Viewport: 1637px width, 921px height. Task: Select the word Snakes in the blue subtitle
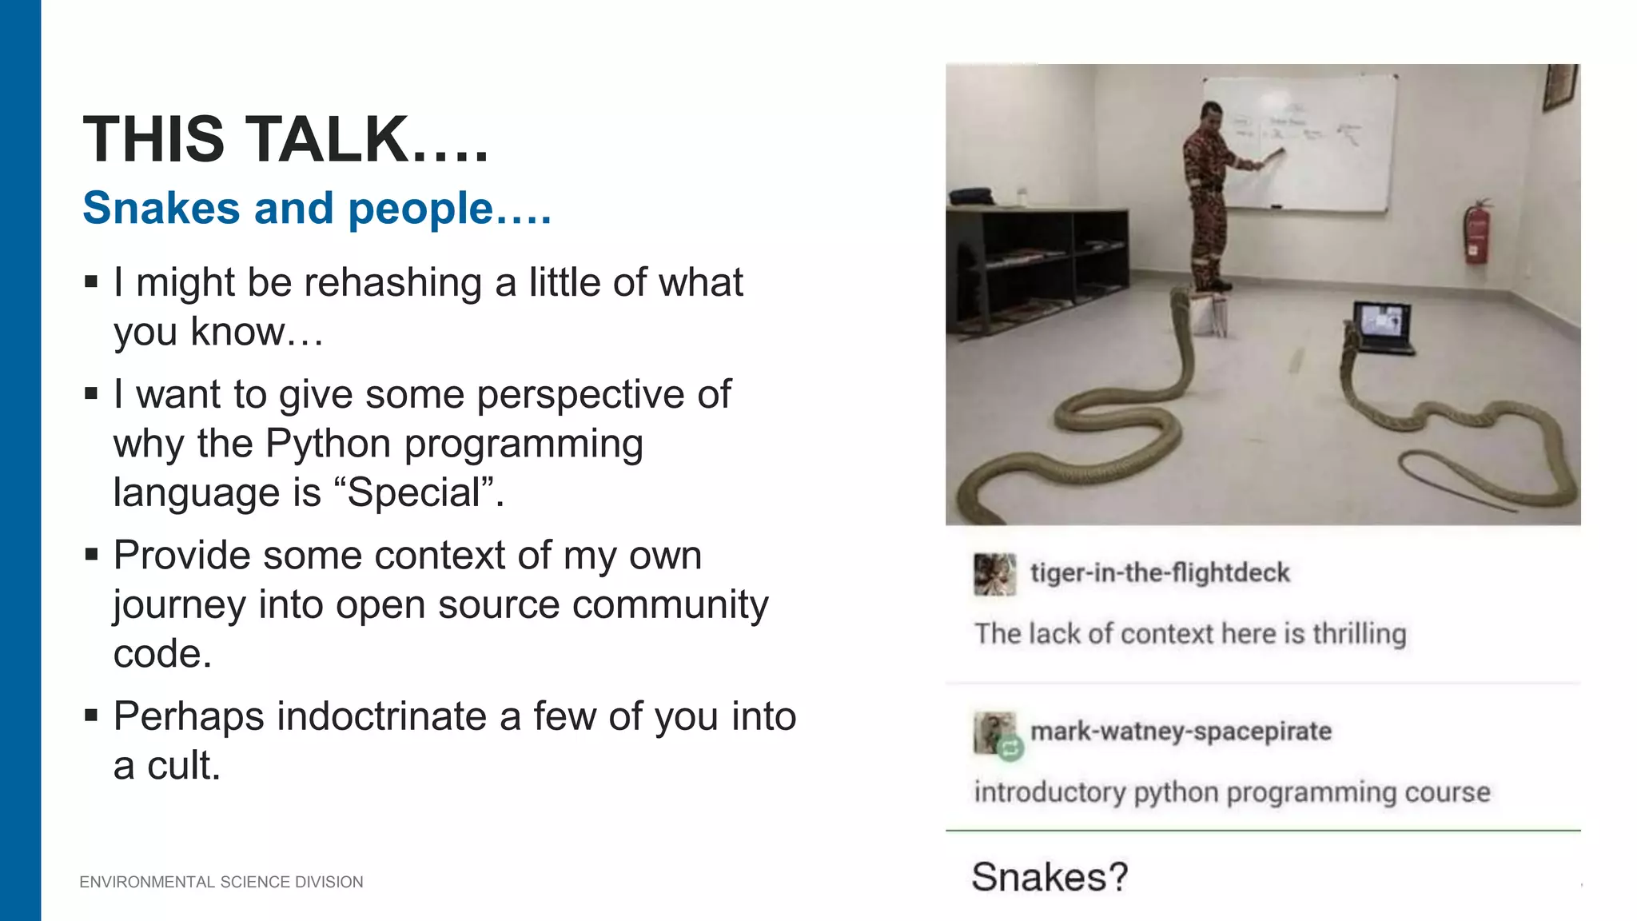[161, 209]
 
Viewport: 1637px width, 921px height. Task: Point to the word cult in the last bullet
[183, 766]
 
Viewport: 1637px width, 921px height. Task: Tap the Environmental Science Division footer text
[221, 882]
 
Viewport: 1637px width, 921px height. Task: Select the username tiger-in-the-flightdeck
[1160, 573]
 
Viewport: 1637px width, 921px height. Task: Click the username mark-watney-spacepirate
[1181, 732]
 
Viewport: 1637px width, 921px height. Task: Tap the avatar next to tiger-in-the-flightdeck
[994, 574]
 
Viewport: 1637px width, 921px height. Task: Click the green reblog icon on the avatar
[1010, 748]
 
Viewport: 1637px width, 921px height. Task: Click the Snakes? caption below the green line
[1050, 877]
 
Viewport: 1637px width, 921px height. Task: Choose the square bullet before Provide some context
[91, 554]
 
